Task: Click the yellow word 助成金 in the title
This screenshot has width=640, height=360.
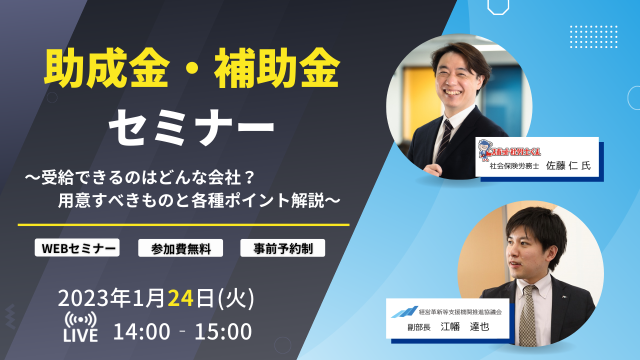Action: point(105,68)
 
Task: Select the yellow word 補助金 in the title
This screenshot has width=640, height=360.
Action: point(277,68)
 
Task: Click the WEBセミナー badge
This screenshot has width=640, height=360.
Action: point(77,247)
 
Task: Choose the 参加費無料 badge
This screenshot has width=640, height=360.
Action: point(180,248)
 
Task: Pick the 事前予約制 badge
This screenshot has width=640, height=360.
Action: point(282,248)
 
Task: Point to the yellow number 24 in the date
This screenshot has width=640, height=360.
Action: point(180,298)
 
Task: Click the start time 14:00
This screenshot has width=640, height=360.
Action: point(141,331)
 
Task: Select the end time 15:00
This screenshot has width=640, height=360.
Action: point(223,331)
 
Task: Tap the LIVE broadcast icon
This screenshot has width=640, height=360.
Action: point(80,326)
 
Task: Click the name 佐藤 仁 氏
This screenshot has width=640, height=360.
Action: point(568,165)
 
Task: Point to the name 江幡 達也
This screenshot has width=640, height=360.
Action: point(465,326)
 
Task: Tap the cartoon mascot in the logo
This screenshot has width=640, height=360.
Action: point(484,149)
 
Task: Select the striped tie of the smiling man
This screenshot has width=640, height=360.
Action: point(443,139)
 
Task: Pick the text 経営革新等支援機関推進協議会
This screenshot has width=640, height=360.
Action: point(460,312)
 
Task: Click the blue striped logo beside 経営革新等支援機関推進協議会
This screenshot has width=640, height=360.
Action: point(404,312)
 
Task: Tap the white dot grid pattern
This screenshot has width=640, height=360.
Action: point(593,36)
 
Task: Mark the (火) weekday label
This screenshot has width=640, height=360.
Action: point(235,298)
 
